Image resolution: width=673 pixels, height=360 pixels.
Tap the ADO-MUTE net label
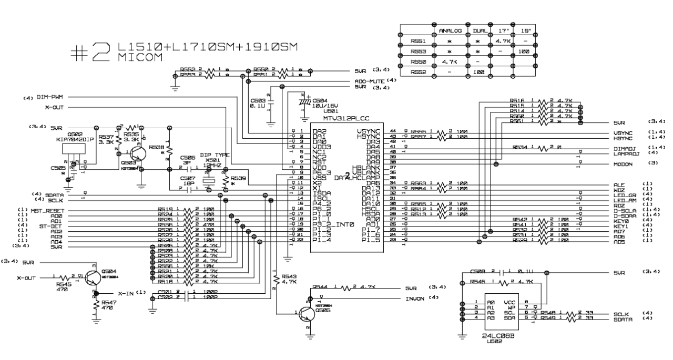pyautogui.click(x=370, y=81)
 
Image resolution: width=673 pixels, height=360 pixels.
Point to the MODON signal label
pyautogui.click(x=623, y=163)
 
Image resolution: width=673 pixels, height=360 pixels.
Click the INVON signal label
pyautogui.click(x=414, y=299)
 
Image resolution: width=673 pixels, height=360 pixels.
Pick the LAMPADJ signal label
pyautogui.click(x=625, y=152)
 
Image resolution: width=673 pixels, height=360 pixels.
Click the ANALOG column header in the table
pyautogui.click(x=450, y=31)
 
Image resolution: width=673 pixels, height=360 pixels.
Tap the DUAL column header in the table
pyautogui.click(x=479, y=31)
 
